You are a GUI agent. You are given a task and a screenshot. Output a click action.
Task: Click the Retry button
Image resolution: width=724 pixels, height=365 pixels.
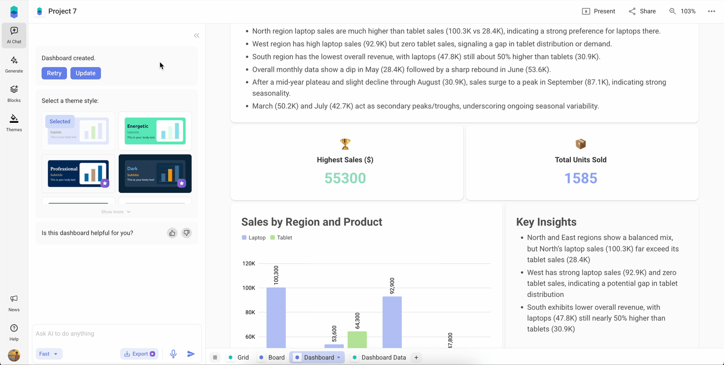[54, 73]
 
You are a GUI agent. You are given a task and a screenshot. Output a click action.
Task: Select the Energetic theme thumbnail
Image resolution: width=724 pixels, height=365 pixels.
[155, 131]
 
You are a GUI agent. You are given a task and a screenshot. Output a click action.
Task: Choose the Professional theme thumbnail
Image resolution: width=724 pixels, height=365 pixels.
[78, 174]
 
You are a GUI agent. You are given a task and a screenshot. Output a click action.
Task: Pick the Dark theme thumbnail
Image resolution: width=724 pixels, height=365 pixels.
[155, 174]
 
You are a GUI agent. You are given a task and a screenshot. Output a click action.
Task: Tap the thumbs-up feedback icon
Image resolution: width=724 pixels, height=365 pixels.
[172, 233]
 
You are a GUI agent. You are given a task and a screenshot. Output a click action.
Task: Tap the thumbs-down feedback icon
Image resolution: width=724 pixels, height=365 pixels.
[187, 233]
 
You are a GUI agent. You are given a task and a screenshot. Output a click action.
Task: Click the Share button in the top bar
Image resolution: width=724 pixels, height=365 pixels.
[642, 11]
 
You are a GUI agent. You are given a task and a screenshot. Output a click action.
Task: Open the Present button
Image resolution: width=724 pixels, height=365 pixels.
[598, 11]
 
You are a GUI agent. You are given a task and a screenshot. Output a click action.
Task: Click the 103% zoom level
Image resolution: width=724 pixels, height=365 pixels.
[682, 11]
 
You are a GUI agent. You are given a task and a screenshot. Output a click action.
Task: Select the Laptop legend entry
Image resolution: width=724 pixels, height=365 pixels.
[254, 238]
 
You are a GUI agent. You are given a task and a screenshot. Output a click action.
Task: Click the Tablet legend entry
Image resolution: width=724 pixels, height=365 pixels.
[281, 238]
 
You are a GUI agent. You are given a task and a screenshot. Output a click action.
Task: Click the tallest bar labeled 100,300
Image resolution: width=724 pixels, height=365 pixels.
[276, 318]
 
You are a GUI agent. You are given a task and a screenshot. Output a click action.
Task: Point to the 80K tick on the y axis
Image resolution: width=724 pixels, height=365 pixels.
[249, 312]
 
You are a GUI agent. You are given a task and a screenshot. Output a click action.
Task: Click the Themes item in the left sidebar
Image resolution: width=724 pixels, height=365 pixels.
[14, 123]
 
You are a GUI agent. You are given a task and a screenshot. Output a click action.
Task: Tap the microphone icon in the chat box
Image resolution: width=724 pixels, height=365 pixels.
[173, 354]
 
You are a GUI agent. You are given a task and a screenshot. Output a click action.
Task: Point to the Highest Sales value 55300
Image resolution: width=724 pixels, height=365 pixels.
[345, 178]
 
